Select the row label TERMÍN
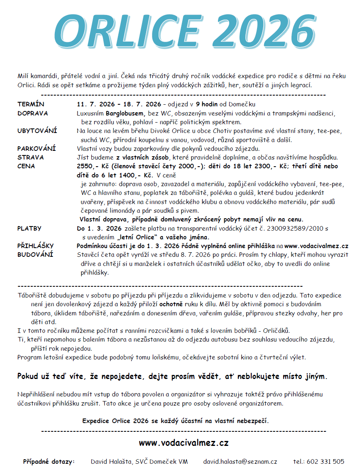click(x=31, y=104)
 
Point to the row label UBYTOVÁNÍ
click(x=37, y=130)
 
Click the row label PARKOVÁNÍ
click(x=37, y=148)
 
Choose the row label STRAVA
click(x=30, y=158)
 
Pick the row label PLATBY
click(x=29, y=229)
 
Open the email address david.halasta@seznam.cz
click(x=240, y=461)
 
